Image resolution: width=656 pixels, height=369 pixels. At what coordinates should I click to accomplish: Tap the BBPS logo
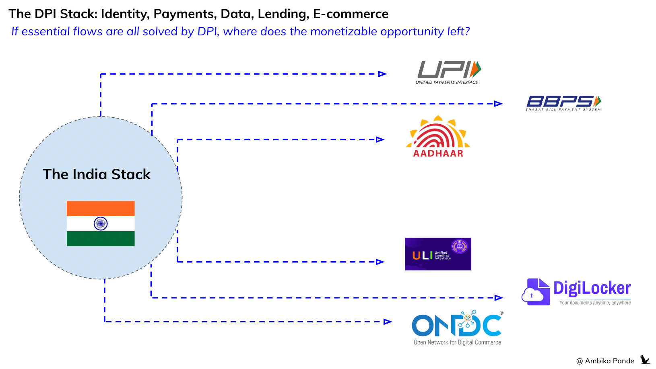[x=563, y=103]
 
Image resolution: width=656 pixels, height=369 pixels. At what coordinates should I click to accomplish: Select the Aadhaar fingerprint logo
[x=438, y=137]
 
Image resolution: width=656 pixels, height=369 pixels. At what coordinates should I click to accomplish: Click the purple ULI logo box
[x=438, y=254]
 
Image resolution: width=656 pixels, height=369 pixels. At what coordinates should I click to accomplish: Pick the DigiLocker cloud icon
[x=536, y=292]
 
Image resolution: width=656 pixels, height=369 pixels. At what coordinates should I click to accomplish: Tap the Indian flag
[x=101, y=223]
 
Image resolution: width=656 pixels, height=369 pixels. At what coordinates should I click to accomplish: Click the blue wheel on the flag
[x=101, y=223]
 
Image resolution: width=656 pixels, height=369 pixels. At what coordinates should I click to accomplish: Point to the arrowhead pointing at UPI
[x=382, y=74]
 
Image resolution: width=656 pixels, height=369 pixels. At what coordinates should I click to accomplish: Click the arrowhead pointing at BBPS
[x=498, y=104]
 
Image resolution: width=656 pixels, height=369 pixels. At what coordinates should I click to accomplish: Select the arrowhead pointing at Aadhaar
[x=380, y=140]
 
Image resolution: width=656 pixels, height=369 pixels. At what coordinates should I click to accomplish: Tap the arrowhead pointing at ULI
[x=380, y=262]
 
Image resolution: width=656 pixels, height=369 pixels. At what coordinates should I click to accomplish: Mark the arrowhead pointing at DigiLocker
[x=499, y=298]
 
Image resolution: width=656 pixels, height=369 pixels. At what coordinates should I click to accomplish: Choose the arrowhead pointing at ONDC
[x=388, y=322]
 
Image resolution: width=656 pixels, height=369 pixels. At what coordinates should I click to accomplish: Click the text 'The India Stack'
[x=97, y=174]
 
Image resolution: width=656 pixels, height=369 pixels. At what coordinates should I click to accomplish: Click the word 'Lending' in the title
[x=283, y=14]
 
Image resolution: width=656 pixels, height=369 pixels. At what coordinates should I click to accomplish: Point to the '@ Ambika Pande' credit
[x=605, y=361]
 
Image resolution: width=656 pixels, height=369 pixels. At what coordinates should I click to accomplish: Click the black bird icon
[x=645, y=359]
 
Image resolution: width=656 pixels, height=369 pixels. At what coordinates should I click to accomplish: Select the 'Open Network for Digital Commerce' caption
[x=457, y=342]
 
